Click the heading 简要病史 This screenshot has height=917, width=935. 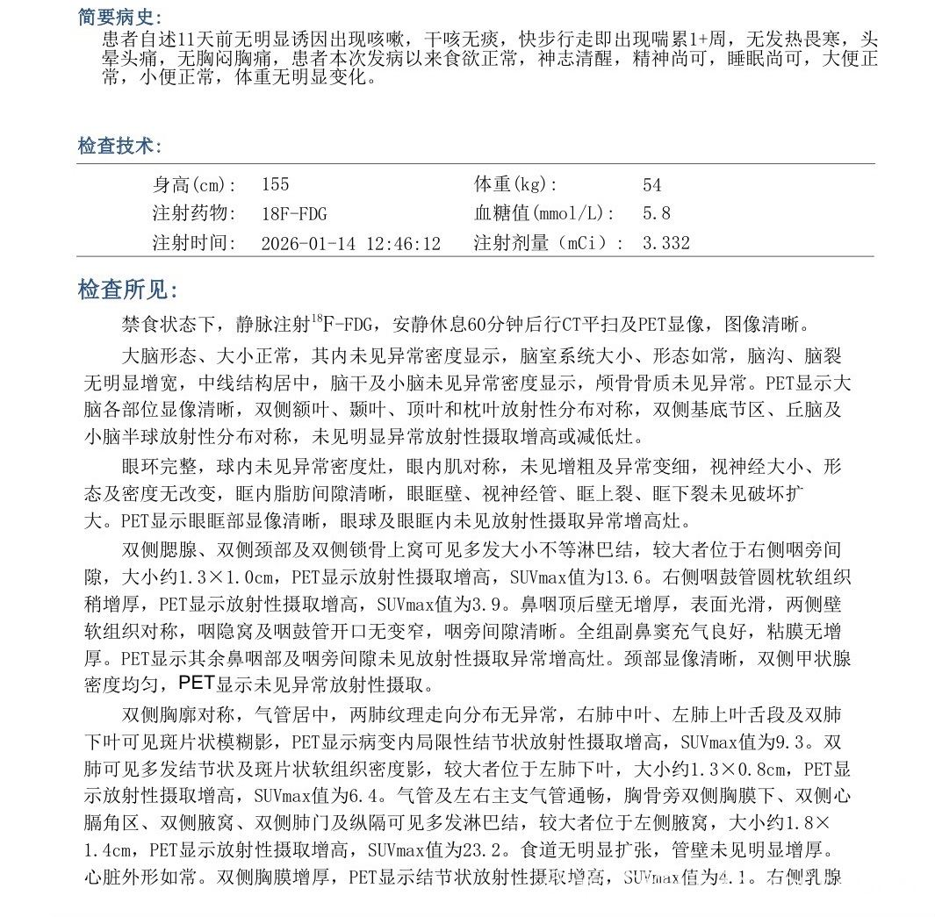(119, 18)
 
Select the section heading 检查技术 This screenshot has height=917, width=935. (119, 146)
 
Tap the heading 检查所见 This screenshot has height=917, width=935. (128, 290)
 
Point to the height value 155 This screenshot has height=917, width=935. (275, 185)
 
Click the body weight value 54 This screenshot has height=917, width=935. (651, 185)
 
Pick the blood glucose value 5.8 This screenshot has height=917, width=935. (656, 213)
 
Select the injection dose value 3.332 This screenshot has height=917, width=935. (666, 243)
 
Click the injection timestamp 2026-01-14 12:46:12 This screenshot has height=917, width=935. (351, 243)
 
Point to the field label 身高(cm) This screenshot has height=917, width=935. (194, 185)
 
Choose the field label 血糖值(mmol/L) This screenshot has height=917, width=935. (544, 213)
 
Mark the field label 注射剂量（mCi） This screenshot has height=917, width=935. (550, 243)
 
